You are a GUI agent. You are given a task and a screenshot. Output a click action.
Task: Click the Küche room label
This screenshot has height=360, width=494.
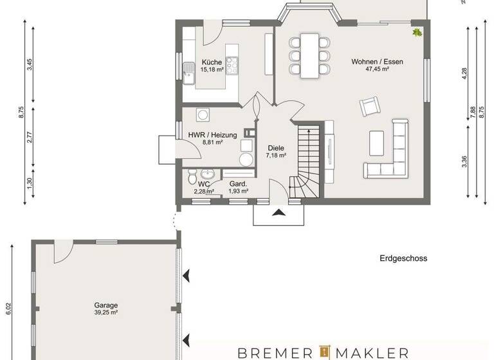click(x=211, y=62)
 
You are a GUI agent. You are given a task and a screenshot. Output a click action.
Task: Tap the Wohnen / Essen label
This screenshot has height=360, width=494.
click(x=377, y=62)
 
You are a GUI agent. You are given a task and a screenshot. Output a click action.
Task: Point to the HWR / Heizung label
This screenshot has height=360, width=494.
click(x=212, y=135)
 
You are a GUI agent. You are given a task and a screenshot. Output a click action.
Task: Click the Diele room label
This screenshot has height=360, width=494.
click(x=275, y=148)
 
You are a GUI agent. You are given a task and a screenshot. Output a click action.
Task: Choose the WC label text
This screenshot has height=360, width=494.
click(x=204, y=183)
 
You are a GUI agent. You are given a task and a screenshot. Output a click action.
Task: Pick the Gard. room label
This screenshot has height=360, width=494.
click(x=239, y=184)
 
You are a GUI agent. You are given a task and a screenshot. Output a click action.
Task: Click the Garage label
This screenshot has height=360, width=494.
click(x=105, y=305)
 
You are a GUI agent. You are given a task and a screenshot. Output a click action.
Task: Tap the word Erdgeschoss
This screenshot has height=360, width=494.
click(x=403, y=258)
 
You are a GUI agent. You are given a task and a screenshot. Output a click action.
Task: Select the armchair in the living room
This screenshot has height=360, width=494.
click(x=370, y=107)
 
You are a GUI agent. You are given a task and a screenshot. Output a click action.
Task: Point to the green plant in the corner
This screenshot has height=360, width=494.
click(x=417, y=32)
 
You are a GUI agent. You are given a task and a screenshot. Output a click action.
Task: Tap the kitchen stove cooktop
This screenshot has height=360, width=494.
click(x=231, y=64)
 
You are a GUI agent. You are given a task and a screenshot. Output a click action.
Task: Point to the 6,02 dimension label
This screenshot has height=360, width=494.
click(x=8, y=309)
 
